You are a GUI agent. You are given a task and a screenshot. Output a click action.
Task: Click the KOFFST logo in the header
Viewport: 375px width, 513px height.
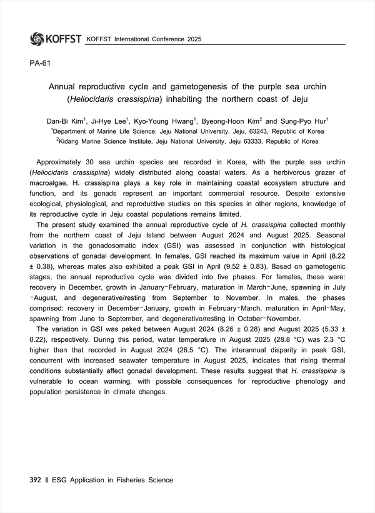56,39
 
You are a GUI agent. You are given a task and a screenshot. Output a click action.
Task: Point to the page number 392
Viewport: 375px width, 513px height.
36,480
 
